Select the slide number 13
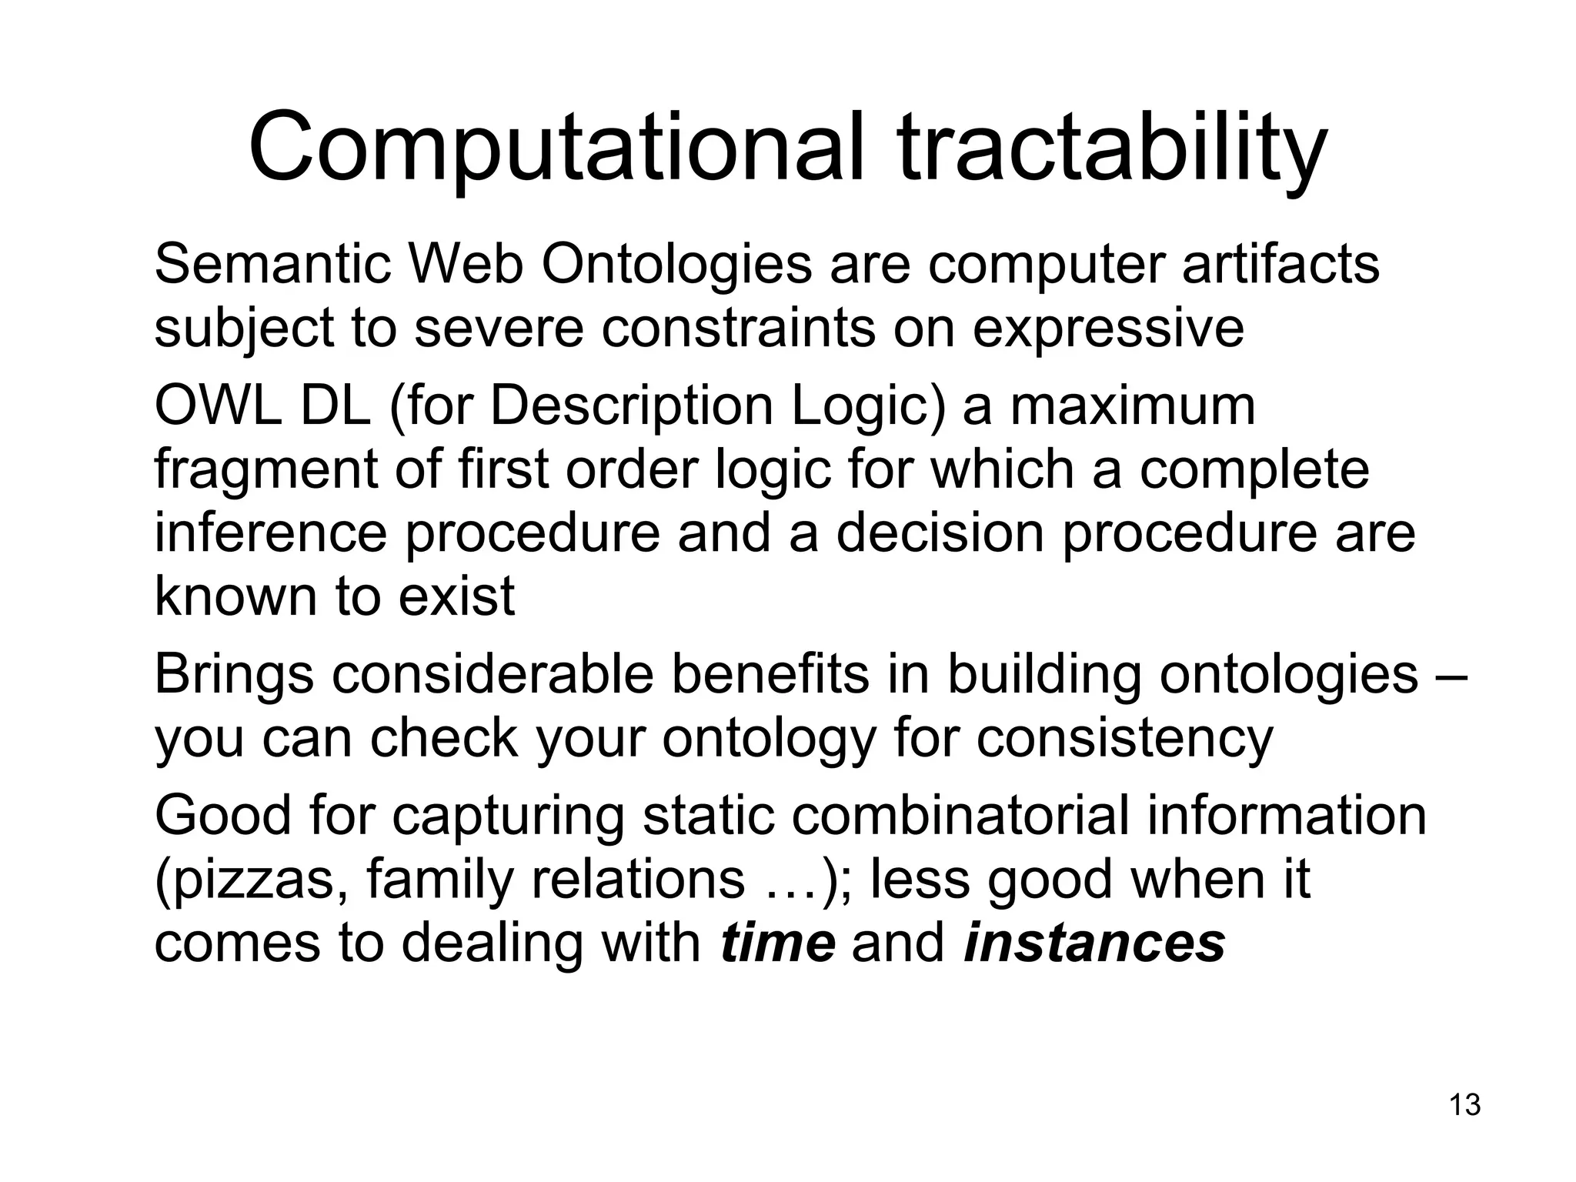coord(1464,1104)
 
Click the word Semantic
coord(273,264)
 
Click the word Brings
coord(234,674)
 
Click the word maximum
coord(1132,406)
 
